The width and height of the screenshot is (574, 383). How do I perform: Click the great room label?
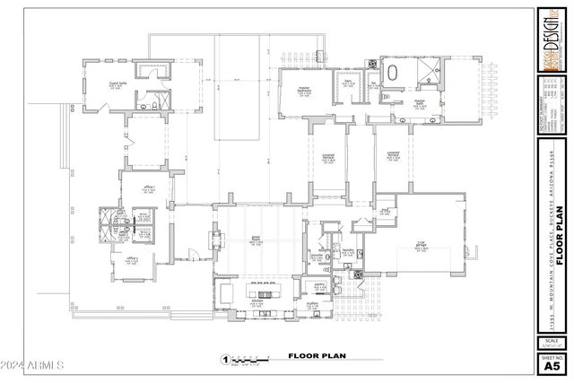[x=256, y=239]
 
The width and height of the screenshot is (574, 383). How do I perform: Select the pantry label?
[x=318, y=285]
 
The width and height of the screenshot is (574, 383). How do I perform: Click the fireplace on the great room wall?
[x=214, y=239]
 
